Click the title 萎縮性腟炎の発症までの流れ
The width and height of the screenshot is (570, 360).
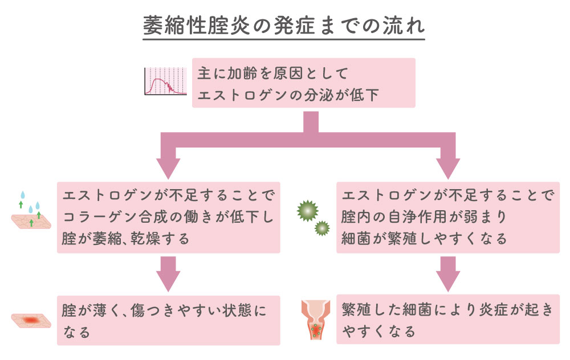pyautogui.click(x=283, y=26)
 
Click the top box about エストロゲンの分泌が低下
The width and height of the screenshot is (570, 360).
pyautogui.click(x=303, y=83)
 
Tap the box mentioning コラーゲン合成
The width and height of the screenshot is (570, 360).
pyautogui.click(x=168, y=218)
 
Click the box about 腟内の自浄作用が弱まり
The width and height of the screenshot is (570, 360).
pyautogui.click(x=447, y=218)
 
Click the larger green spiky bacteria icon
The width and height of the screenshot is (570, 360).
pyautogui.click(x=306, y=210)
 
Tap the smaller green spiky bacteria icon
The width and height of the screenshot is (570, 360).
pyautogui.click(x=323, y=228)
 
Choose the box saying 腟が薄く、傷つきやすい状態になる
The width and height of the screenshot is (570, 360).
pyautogui.click(x=168, y=320)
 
